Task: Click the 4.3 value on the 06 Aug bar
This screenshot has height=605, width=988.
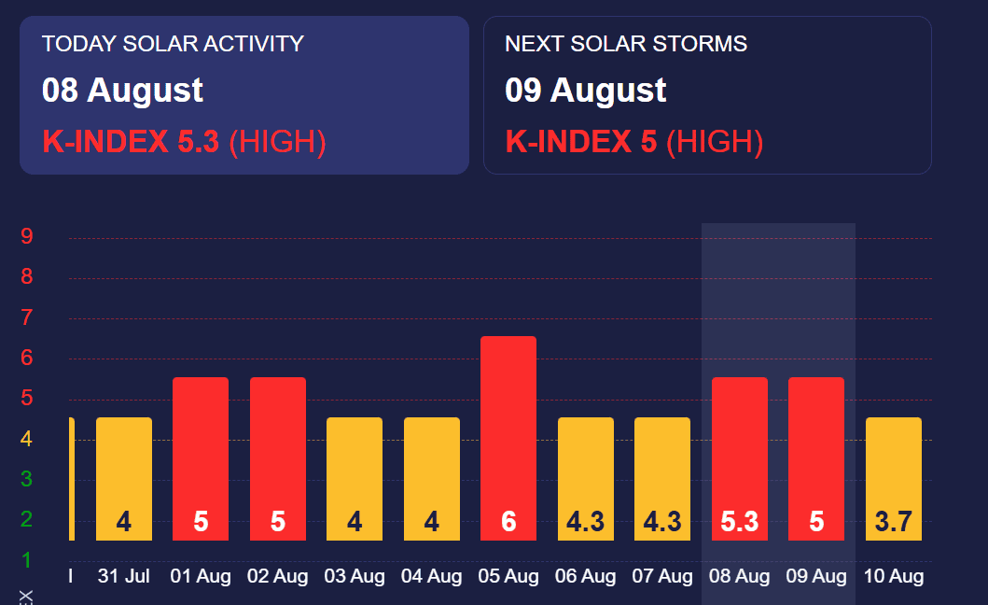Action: point(585,521)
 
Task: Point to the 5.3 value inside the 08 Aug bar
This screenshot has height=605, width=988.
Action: point(739,521)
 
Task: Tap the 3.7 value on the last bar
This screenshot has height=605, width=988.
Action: point(893,521)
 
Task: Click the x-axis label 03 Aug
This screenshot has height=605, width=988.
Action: point(355,577)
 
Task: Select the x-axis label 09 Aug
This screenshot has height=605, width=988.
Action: point(816,577)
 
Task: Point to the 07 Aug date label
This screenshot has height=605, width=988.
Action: point(662,577)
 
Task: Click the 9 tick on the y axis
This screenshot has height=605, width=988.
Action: point(27,237)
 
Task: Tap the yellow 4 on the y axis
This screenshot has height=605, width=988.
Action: point(27,439)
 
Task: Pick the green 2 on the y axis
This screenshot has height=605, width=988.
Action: point(27,519)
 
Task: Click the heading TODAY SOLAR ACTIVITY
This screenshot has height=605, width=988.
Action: point(173,44)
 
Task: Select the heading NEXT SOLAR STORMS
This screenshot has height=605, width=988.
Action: point(626,44)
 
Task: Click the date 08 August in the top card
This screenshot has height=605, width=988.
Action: point(122,91)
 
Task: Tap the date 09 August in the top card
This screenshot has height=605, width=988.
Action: point(585,91)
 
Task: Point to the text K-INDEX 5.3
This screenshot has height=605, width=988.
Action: point(131,142)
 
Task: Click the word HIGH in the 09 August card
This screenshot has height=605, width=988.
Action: point(715,142)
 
